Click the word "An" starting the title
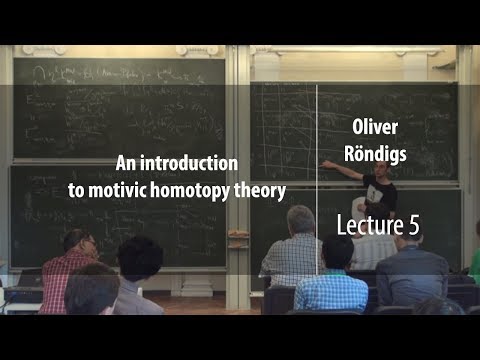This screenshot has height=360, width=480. click(x=127, y=161)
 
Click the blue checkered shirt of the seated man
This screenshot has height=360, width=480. click(x=330, y=291)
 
